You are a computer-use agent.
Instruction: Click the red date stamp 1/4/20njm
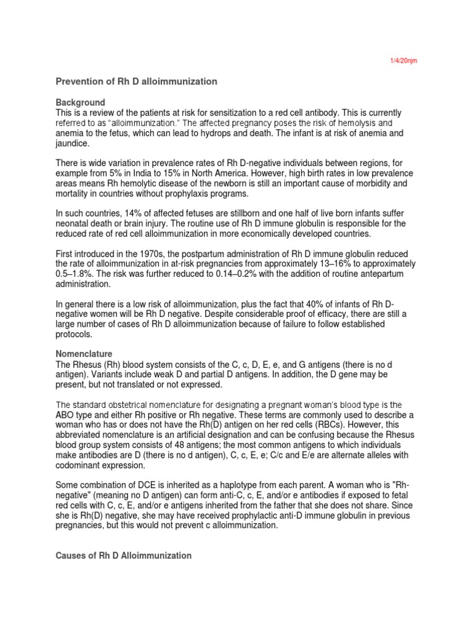click(x=403, y=61)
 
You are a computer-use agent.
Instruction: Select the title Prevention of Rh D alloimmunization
click(x=137, y=81)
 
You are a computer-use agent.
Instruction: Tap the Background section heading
click(x=81, y=102)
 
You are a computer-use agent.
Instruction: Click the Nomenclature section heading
click(x=84, y=354)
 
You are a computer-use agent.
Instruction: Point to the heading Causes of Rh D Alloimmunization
click(x=124, y=556)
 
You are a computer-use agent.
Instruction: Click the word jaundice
click(x=73, y=144)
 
